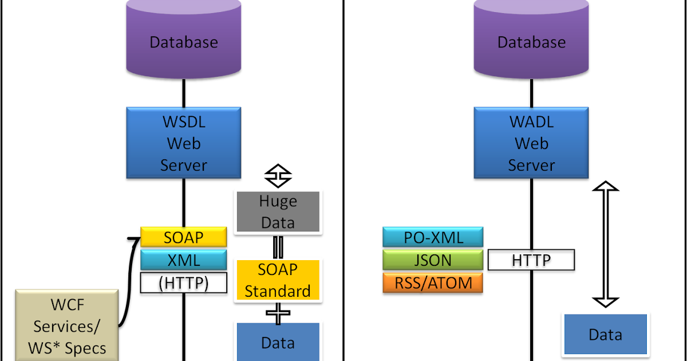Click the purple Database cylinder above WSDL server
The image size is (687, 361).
[183, 41]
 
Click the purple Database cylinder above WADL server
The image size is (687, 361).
[531, 41]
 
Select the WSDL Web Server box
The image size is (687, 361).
[183, 143]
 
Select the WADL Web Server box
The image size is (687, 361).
[531, 143]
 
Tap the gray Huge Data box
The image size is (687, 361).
[278, 211]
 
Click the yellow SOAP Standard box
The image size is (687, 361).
[278, 280]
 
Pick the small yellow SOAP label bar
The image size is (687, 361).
[183, 237]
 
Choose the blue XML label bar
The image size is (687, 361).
[183, 260]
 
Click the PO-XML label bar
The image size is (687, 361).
[433, 237]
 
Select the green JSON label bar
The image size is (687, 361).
[433, 260]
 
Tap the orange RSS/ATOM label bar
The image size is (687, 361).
[433, 282]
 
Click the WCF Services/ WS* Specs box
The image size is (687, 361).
[67, 325]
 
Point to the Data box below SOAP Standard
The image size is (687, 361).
[278, 342]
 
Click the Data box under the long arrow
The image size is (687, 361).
[605, 334]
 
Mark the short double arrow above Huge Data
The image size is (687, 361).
[278, 176]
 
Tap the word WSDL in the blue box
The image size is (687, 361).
[183, 122]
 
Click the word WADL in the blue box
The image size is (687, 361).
[531, 122]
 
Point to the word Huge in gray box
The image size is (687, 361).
[278, 201]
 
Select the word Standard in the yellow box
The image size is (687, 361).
[278, 291]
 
